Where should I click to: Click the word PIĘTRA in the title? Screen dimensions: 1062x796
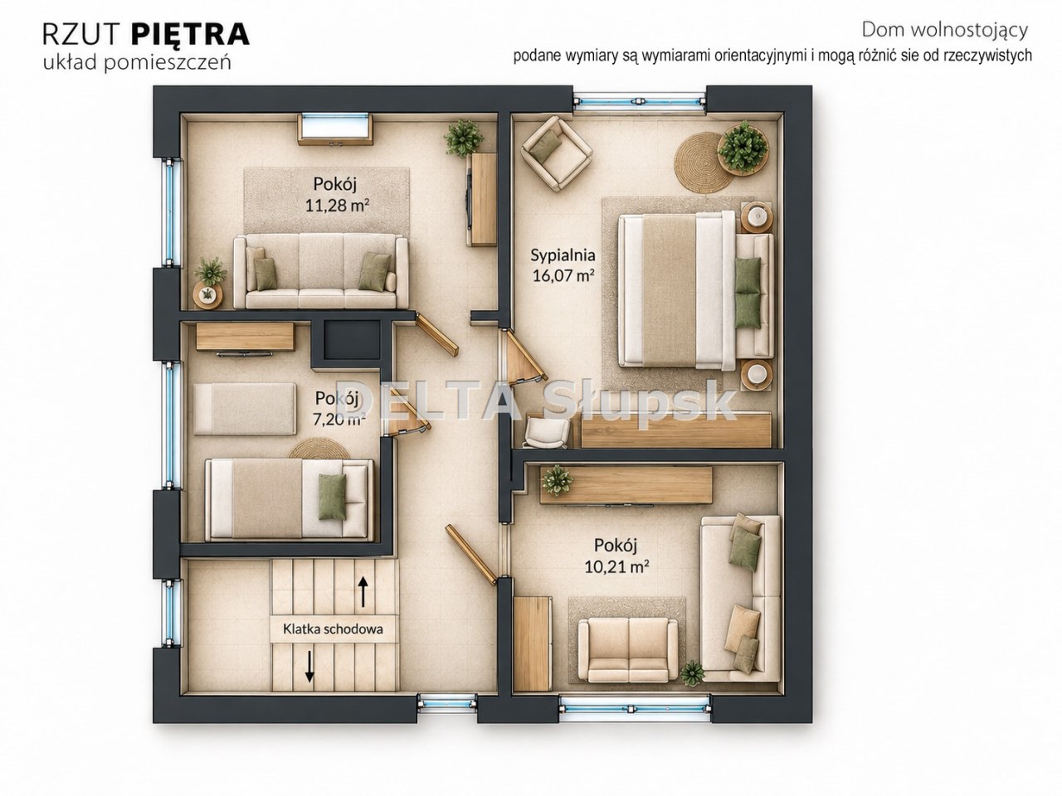(x=190, y=34)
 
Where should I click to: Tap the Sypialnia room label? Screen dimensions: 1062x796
(x=563, y=255)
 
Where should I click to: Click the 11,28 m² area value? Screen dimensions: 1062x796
(x=334, y=206)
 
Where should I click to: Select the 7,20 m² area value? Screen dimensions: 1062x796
(x=337, y=420)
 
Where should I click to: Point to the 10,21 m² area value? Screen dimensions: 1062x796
(x=616, y=566)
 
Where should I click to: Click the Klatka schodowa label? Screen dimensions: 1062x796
(x=333, y=629)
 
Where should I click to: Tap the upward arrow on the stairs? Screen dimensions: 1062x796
(x=363, y=592)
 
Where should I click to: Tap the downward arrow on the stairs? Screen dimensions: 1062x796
(x=309, y=667)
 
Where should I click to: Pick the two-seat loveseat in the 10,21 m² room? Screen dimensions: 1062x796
(x=629, y=651)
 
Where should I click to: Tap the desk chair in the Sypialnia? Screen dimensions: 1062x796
(x=548, y=433)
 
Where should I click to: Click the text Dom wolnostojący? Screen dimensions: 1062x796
(x=944, y=31)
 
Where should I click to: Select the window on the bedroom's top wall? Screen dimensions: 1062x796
(x=640, y=101)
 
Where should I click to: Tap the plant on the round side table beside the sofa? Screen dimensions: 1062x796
(x=209, y=294)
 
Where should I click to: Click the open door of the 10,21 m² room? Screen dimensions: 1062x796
(x=471, y=556)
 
